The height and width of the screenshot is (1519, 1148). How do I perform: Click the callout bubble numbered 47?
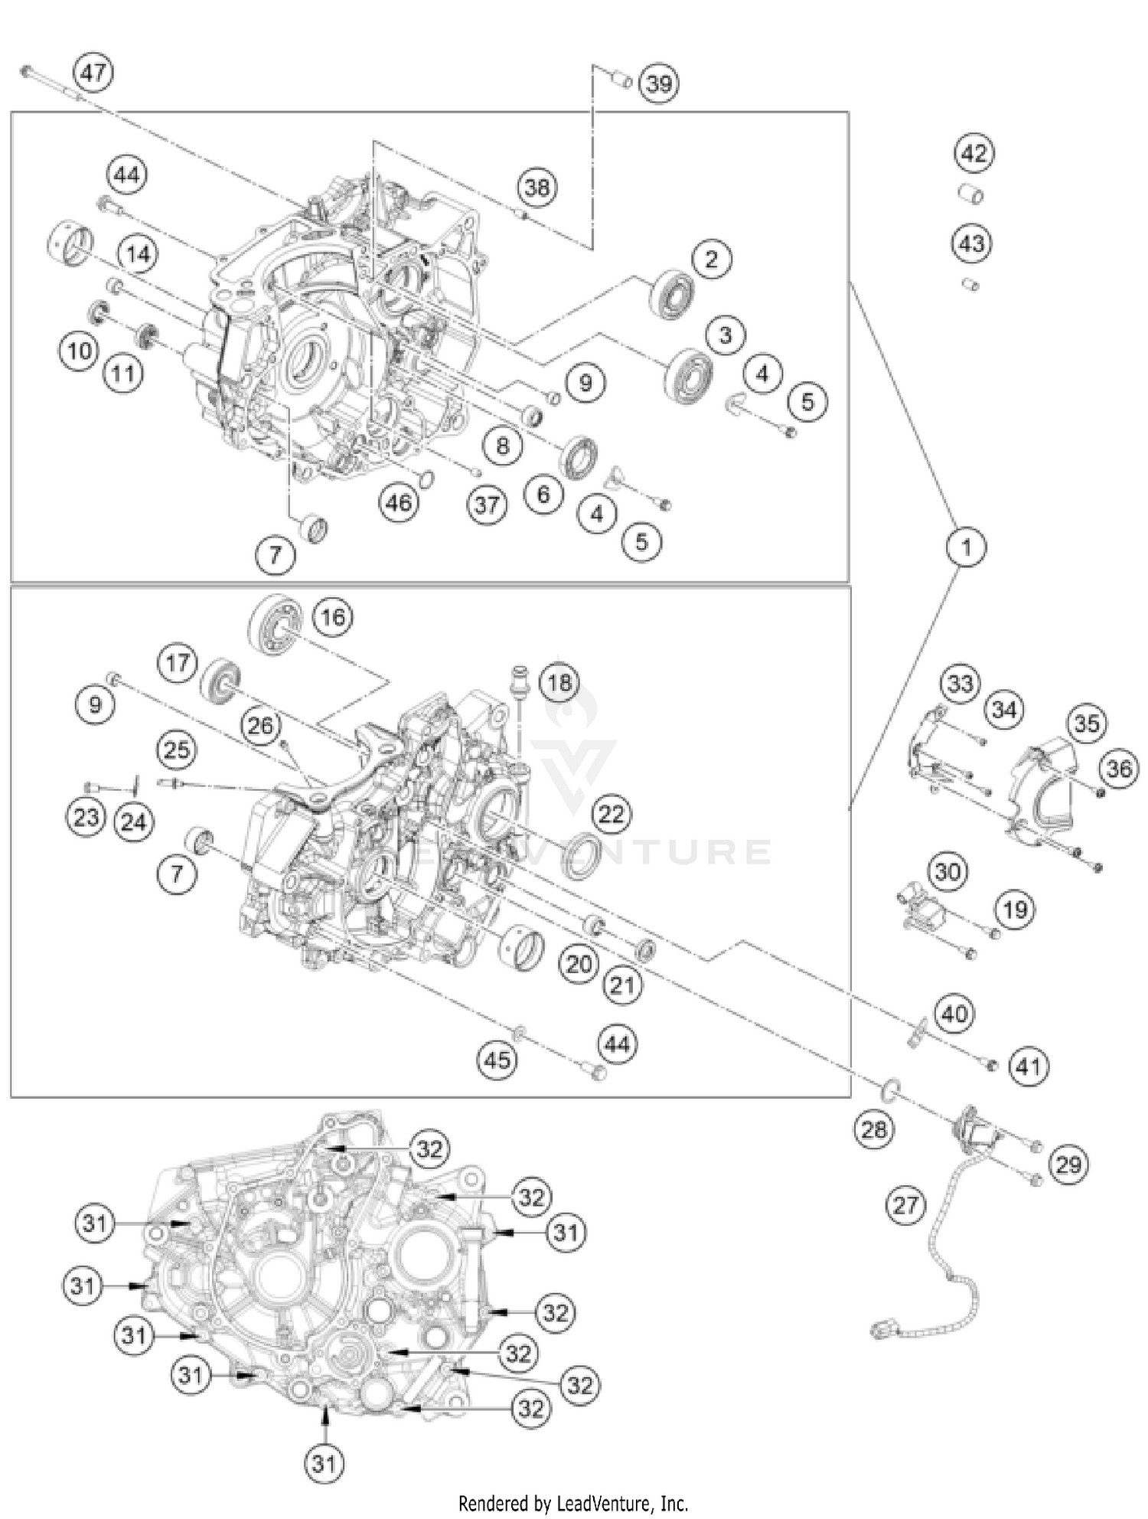click(93, 73)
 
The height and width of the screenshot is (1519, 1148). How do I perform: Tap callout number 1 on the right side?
click(966, 547)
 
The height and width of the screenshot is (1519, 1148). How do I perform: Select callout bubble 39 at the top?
click(659, 83)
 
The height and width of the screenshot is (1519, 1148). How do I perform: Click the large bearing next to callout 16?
click(274, 623)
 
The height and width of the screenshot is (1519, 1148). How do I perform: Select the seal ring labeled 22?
click(582, 855)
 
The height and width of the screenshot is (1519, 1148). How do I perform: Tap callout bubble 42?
click(974, 153)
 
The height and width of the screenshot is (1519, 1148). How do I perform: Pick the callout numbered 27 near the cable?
click(905, 1205)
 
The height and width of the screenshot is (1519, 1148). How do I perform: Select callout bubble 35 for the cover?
click(1086, 724)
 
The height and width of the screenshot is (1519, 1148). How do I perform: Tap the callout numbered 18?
click(559, 681)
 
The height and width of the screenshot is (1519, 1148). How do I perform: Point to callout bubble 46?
click(398, 503)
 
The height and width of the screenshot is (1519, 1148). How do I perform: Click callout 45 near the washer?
click(497, 1060)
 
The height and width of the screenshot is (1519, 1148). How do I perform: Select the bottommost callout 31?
click(324, 1463)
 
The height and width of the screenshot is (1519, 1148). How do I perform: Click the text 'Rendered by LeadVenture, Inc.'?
click(572, 1503)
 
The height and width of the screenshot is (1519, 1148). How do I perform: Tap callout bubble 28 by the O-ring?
click(873, 1129)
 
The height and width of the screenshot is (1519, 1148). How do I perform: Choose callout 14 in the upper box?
click(138, 253)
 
